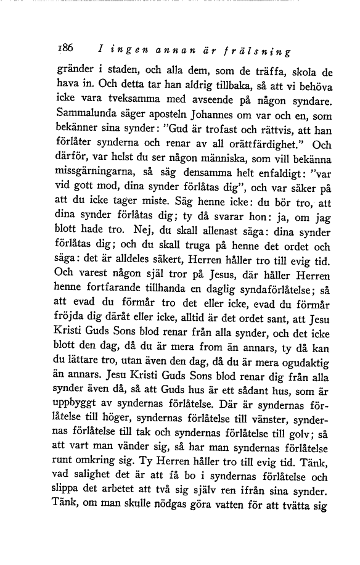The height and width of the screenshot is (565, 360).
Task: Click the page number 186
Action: pyautogui.click(x=64, y=47)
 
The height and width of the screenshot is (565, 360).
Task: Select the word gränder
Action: pyautogui.click(x=73, y=70)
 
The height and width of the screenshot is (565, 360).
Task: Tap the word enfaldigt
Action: pyautogui.click(x=270, y=175)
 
